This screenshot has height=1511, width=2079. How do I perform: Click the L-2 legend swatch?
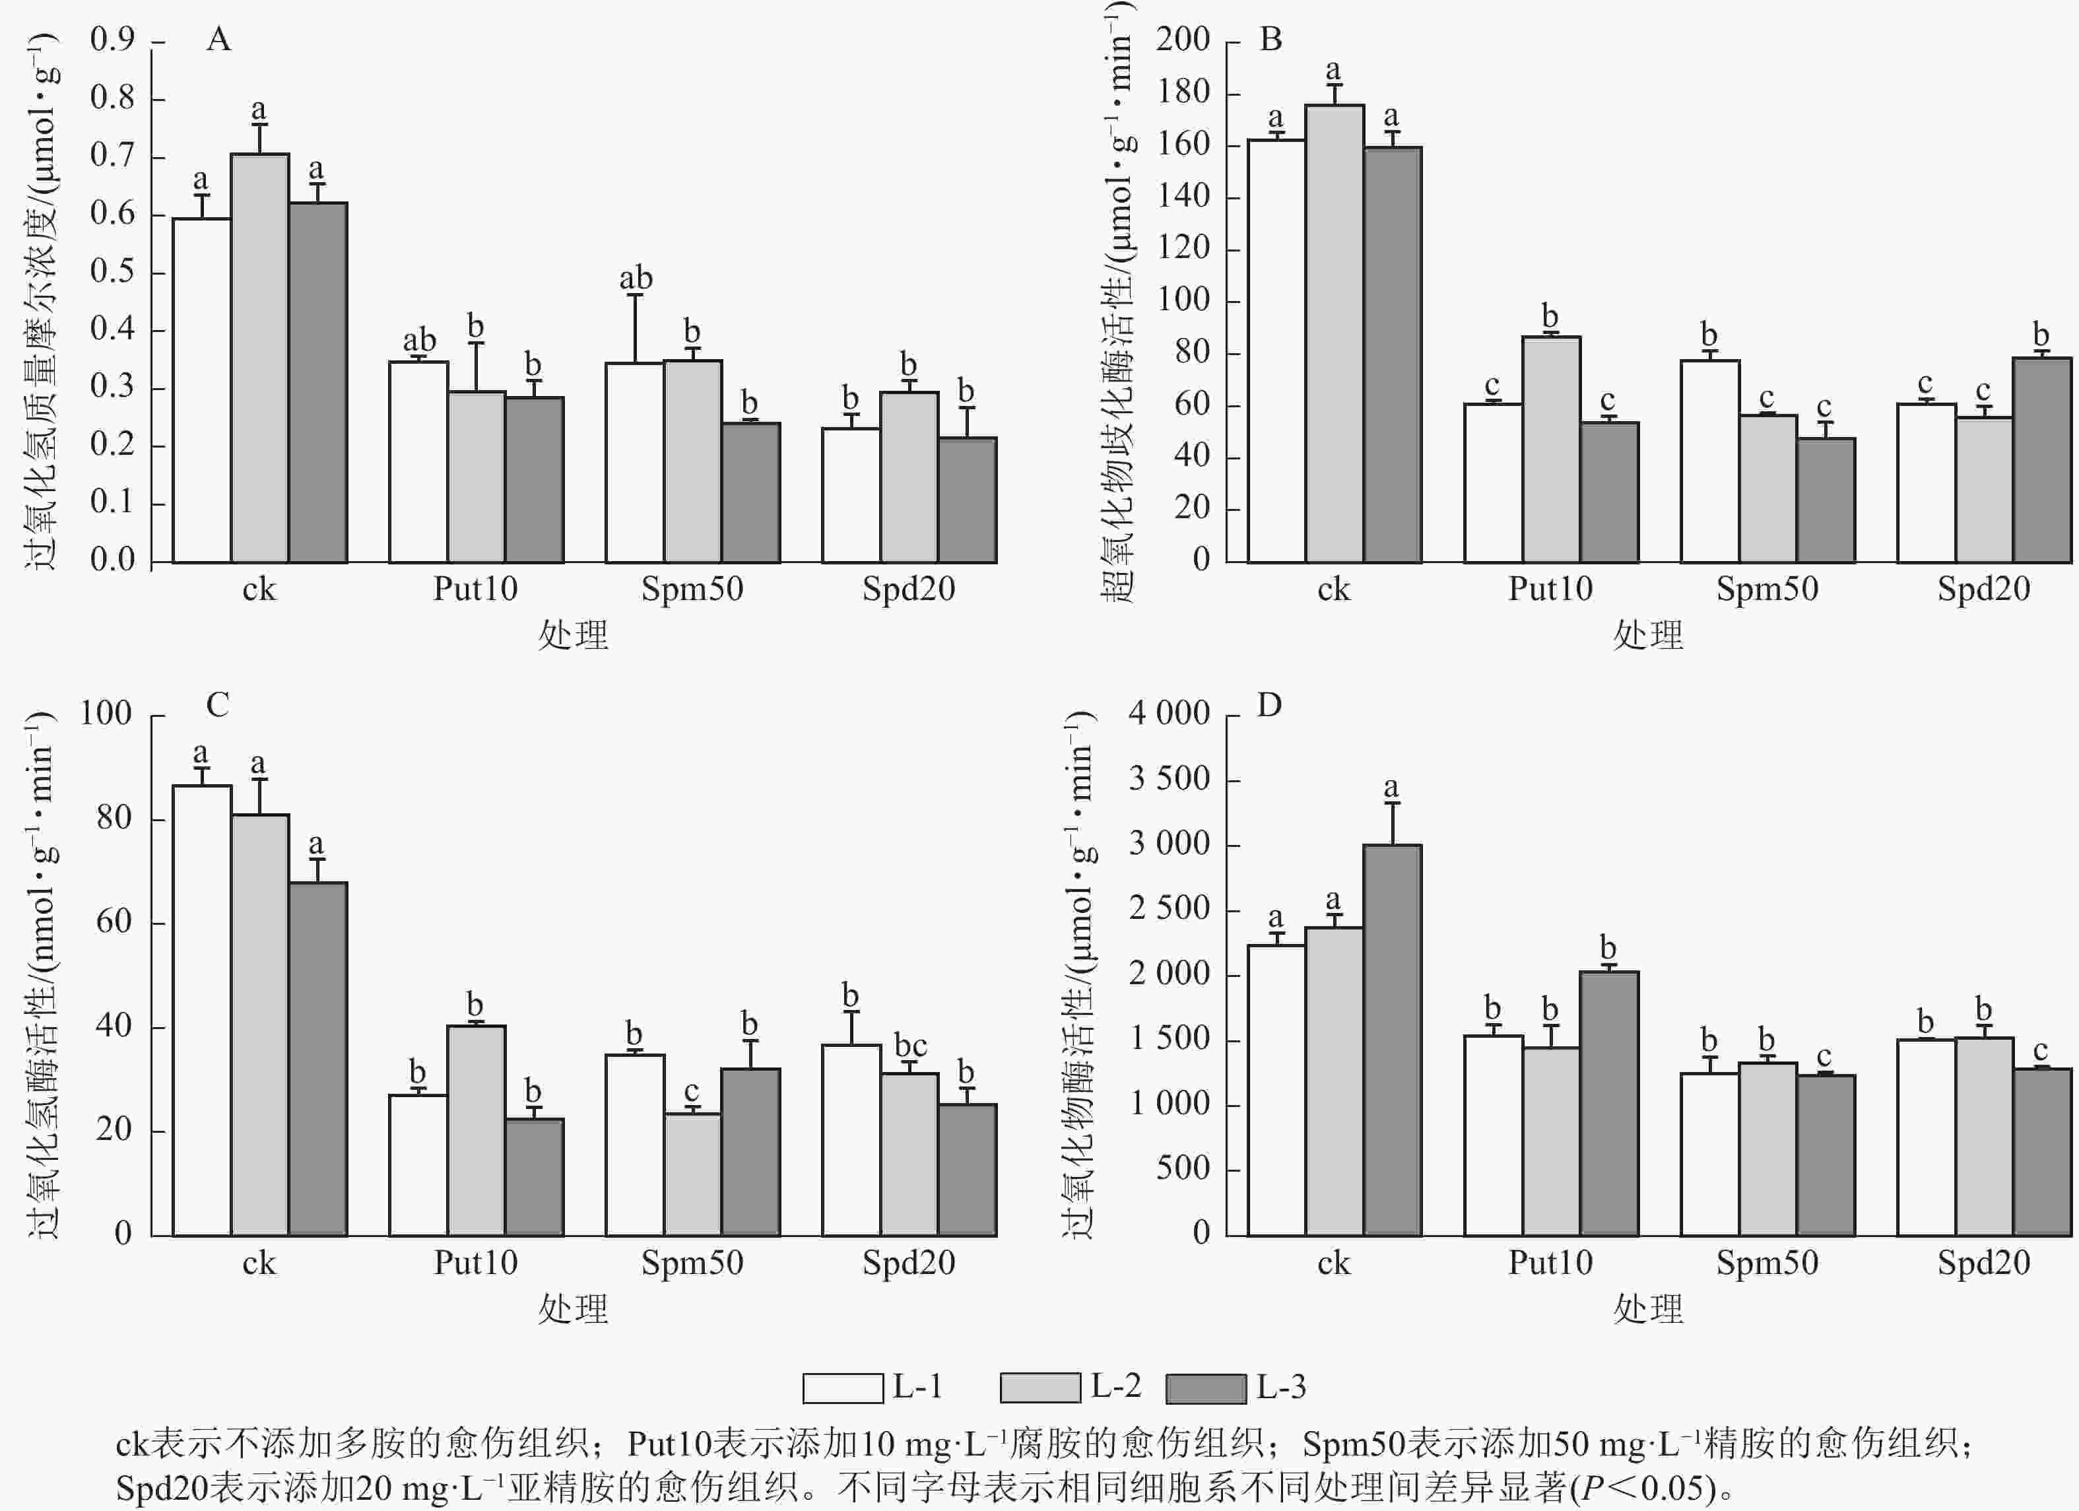[x=1040, y=1387]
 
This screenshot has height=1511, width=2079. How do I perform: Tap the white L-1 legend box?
[x=842, y=1387]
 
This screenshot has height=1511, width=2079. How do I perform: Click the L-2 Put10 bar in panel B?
[x=1551, y=450]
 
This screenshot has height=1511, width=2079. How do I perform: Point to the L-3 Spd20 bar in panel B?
[x=2041, y=459]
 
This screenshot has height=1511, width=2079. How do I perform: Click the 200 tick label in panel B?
[x=1183, y=40]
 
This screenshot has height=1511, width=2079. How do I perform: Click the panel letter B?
[x=1270, y=40]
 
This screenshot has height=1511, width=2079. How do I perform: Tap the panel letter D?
[x=1269, y=705]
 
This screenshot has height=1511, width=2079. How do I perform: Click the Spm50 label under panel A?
[x=692, y=589]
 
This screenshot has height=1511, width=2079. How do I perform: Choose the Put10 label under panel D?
[x=1550, y=1263]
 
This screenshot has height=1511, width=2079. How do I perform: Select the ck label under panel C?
[x=259, y=1263]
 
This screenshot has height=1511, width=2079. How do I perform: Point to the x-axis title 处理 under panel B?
[x=1647, y=634]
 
